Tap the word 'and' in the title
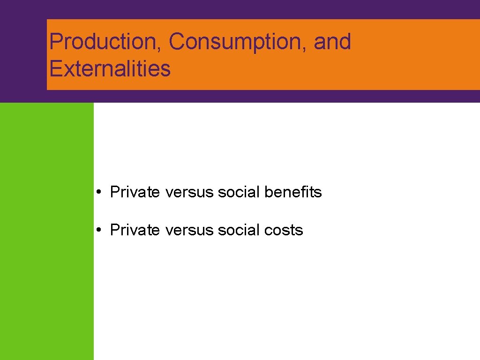coord(332,41)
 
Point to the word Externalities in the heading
coord(110,68)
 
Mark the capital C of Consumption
coord(177,41)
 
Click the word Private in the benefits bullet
coord(135,192)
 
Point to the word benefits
coord(293,192)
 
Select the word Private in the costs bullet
coord(135,230)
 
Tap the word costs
coord(284,231)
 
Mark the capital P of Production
coord(56,41)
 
